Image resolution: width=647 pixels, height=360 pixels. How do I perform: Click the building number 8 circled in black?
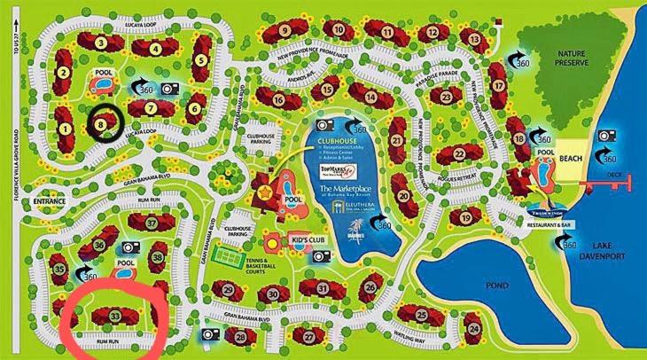102,125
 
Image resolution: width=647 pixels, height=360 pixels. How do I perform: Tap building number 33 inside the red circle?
116,314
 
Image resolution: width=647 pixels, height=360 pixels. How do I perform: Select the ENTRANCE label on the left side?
50,202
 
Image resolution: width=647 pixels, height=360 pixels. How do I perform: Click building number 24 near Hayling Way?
475,330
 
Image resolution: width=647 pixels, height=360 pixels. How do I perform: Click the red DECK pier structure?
612,183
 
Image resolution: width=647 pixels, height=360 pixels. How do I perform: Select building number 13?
475,40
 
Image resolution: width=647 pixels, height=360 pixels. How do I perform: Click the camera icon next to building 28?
213,333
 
